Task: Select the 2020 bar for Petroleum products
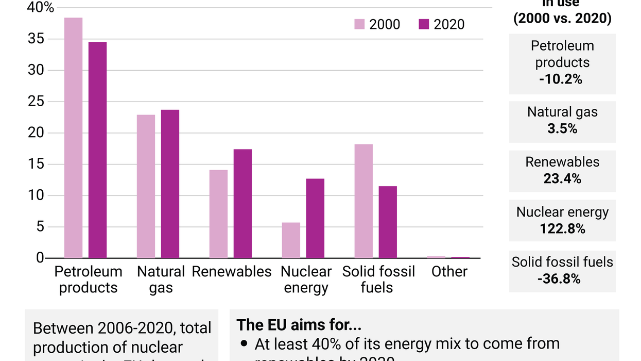pos(97,150)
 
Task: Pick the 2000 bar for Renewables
pos(218,214)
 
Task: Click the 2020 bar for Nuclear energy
pos(315,219)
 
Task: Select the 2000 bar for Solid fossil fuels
pos(363,201)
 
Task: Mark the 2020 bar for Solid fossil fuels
pos(388,222)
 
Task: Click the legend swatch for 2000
pos(359,24)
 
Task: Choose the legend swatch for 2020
pos(424,24)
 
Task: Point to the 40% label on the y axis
pos(41,8)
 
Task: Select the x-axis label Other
pos(449,272)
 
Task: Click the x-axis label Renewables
pos(232,272)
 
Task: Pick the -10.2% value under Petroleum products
pos(562,79)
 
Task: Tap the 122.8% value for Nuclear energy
pos(562,228)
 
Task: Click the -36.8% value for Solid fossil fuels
pos(562,279)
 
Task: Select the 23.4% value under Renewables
pos(562,178)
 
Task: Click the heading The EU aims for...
pos(299,325)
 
